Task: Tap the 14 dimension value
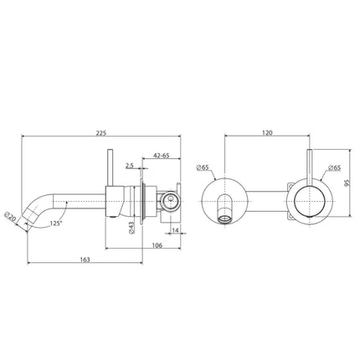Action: click(174, 229)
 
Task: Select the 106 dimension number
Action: click(157, 244)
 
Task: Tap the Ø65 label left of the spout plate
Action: click(203, 168)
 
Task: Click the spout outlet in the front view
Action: click(225, 217)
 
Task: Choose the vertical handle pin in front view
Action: click(310, 167)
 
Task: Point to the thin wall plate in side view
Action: click(150, 201)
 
